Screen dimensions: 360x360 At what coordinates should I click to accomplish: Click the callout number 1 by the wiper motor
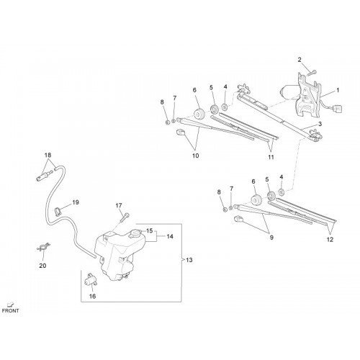(338, 90)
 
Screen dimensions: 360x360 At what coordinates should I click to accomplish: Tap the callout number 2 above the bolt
(300, 60)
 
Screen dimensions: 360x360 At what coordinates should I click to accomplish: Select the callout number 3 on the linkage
(320, 124)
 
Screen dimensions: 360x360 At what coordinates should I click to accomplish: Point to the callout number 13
(189, 260)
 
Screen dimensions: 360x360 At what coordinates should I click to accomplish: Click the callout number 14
(170, 237)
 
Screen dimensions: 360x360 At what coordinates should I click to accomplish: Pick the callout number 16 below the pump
(92, 297)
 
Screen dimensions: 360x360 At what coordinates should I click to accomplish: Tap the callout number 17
(119, 206)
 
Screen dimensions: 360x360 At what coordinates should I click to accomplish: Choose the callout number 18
(48, 155)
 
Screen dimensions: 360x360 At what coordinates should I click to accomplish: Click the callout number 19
(76, 202)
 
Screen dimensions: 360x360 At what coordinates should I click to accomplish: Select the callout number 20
(42, 266)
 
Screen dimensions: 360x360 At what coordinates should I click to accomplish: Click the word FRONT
(10, 310)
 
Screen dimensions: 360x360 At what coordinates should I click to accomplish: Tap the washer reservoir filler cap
(135, 233)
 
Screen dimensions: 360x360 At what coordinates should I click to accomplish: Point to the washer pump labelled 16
(91, 279)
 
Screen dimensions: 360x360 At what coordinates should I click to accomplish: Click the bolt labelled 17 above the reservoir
(126, 217)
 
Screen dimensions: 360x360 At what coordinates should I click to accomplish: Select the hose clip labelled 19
(58, 211)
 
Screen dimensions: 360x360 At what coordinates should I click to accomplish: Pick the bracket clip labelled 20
(43, 247)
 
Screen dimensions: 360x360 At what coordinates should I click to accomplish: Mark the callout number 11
(271, 157)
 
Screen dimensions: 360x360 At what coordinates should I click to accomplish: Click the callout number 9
(271, 238)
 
